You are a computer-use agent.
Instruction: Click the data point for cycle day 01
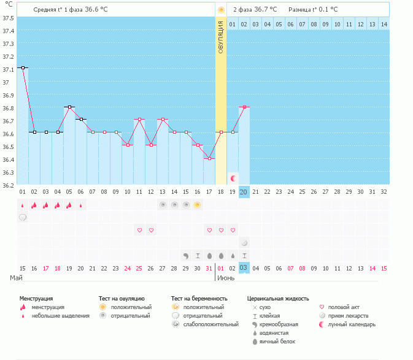(23, 68)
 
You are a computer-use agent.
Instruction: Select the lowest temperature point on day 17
(209, 159)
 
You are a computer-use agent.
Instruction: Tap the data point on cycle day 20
(244, 107)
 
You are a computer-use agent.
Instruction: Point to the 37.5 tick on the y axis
(9, 18)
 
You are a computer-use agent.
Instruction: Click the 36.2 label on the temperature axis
(9, 185)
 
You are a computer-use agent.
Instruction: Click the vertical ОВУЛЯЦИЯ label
(221, 37)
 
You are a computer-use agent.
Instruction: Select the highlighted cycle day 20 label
(244, 192)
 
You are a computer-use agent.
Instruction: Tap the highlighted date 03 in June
(244, 268)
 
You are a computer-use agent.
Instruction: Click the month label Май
(17, 278)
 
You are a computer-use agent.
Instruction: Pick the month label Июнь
(226, 278)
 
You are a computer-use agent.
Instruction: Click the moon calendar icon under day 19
(233, 178)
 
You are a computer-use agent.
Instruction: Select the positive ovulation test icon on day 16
(198, 205)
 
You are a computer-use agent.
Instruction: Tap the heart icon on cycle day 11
(139, 230)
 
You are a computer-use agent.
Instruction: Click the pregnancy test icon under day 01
(23, 217)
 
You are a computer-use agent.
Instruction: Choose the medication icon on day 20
(244, 243)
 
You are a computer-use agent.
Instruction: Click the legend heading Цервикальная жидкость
(277, 299)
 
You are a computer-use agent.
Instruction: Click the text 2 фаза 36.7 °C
(255, 10)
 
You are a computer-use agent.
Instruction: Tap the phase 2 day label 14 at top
(384, 24)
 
